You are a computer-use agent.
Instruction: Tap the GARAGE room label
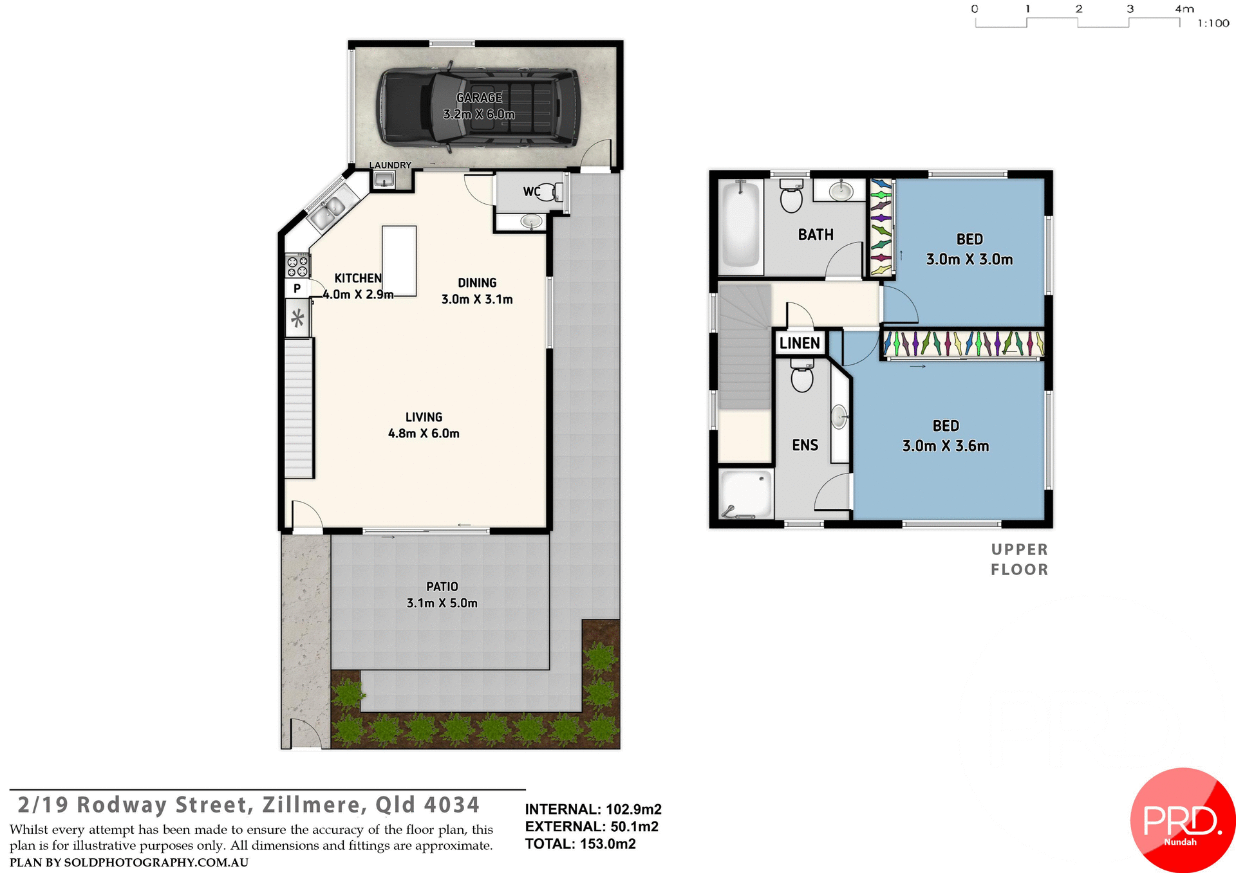[479, 98]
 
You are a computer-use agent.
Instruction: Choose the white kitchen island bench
[399, 260]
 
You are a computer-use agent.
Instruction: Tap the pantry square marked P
[297, 288]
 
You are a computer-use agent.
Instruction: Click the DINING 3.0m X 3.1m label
[477, 291]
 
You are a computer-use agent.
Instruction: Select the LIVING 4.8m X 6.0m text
[424, 425]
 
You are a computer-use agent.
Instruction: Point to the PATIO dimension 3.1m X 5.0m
[442, 603]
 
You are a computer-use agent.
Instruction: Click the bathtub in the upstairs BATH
[741, 225]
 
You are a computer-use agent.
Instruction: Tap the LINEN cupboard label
[800, 343]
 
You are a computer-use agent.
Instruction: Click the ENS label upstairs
[805, 445]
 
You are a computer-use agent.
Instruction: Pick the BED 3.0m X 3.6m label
[945, 436]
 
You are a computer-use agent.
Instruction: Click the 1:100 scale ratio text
[1213, 24]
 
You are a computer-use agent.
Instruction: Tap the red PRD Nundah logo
[1182, 820]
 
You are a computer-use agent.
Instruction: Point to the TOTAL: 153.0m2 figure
[580, 844]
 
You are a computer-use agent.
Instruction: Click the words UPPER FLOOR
[1019, 559]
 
